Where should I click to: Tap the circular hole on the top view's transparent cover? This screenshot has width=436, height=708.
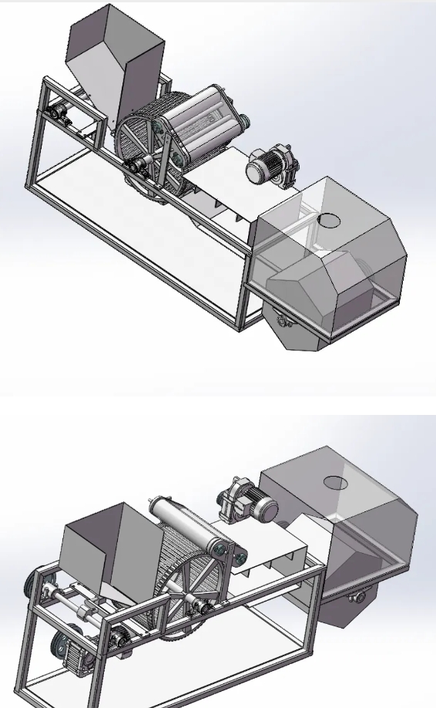[x=329, y=220]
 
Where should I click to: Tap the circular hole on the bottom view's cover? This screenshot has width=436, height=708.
[x=335, y=483]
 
